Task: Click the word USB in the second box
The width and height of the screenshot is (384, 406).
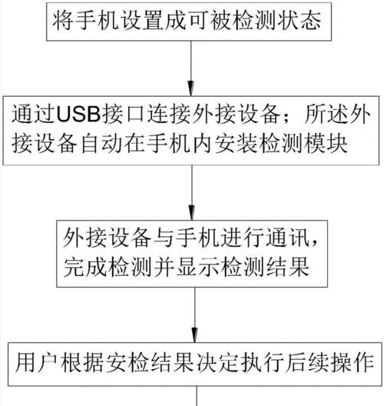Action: pyautogui.click(x=78, y=114)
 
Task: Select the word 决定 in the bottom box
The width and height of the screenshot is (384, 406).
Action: pyautogui.click(x=218, y=362)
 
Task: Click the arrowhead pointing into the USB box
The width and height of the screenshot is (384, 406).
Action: pyautogui.click(x=190, y=89)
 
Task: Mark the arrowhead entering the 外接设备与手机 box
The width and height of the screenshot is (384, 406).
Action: pyautogui.click(x=191, y=213)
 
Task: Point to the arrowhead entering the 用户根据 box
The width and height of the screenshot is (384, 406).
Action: pyautogui.click(x=195, y=335)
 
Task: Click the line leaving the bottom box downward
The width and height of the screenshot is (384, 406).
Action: pyautogui.click(x=197, y=396)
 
